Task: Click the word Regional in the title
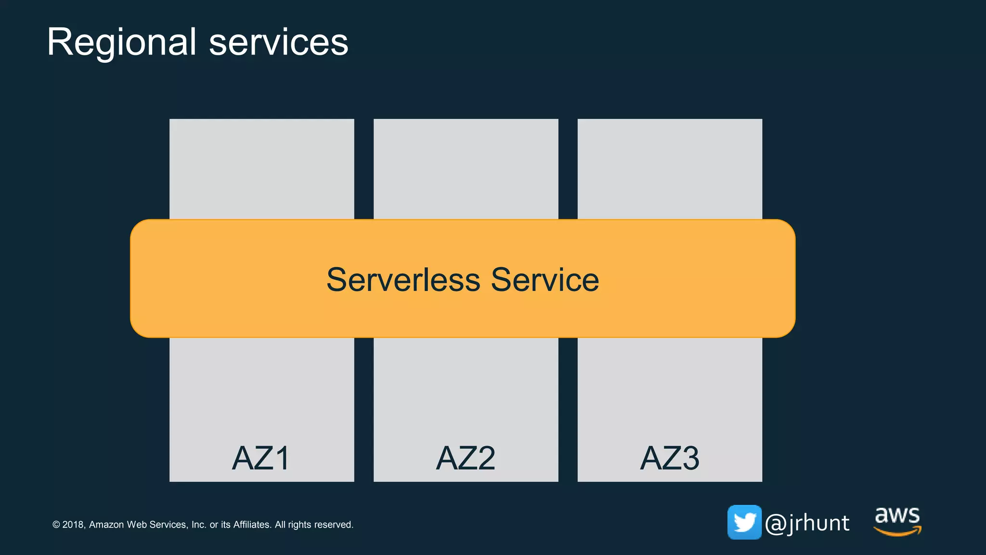click(121, 42)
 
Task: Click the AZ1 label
click(261, 458)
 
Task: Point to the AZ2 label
click(466, 458)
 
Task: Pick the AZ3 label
click(670, 458)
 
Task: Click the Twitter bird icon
click(744, 522)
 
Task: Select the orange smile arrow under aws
click(897, 531)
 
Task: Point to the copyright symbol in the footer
click(56, 525)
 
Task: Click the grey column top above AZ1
click(261, 169)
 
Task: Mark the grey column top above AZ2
click(466, 169)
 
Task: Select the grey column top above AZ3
click(670, 169)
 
